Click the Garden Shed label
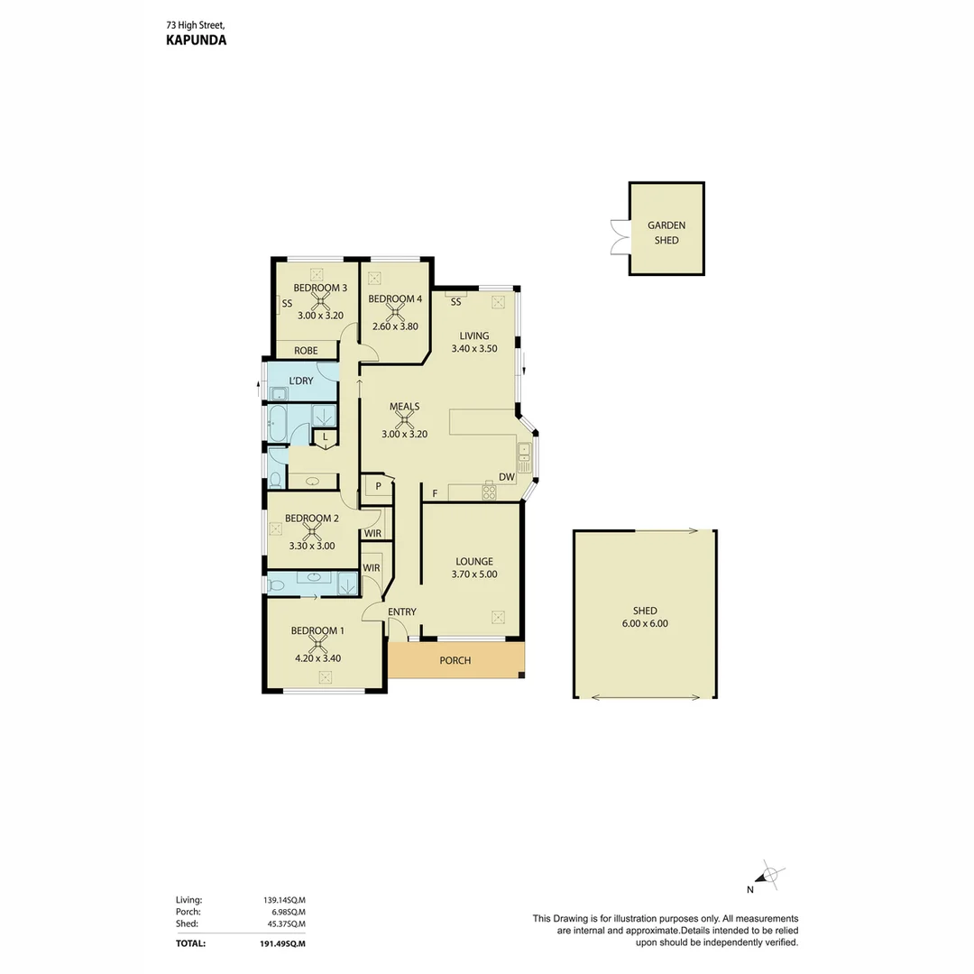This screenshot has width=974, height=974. pyautogui.click(x=666, y=233)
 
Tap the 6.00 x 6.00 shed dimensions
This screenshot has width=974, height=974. pyautogui.click(x=645, y=623)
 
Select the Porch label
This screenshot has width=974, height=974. pyautogui.click(x=455, y=660)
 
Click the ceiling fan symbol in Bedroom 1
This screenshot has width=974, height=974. pyautogui.click(x=317, y=644)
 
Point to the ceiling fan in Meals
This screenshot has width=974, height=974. pyautogui.click(x=405, y=419)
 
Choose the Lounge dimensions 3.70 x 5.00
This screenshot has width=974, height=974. pyautogui.click(x=473, y=574)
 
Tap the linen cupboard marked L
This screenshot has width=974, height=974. pyautogui.click(x=325, y=437)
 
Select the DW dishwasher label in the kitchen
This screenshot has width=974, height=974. pyautogui.click(x=506, y=477)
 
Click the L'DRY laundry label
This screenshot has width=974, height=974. pyautogui.click(x=301, y=381)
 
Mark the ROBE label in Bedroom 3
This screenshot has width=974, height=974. pyautogui.click(x=304, y=351)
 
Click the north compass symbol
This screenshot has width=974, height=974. pyautogui.click(x=769, y=874)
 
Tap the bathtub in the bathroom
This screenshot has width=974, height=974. pyautogui.click(x=277, y=424)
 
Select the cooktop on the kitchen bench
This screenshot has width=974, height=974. pyautogui.click(x=489, y=492)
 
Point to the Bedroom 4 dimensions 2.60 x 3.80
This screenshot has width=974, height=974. pyautogui.click(x=395, y=326)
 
